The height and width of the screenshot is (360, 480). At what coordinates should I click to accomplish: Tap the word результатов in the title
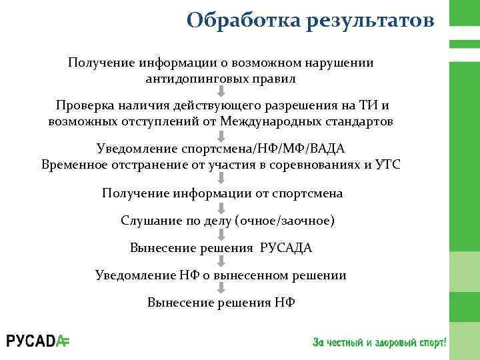coord(371,21)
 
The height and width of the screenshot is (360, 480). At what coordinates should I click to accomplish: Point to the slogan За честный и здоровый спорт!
coord(379,342)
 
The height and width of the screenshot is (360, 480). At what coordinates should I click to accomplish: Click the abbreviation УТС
coord(387,165)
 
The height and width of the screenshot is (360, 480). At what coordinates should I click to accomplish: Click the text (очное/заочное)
coord(284,220)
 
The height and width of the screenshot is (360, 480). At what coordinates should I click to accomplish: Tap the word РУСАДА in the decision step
coord(286,248)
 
